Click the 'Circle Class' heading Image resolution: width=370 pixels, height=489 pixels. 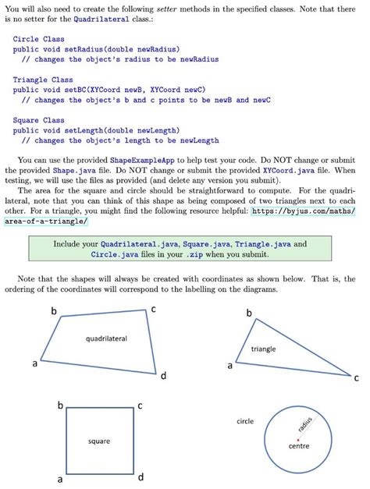click(38, 39)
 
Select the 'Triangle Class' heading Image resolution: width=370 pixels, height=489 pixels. click(43, 80)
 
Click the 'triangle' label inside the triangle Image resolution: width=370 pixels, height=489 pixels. click(263, 349)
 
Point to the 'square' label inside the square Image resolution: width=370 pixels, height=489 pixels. click(98, 441)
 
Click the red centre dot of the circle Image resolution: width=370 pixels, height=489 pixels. click(297, 440)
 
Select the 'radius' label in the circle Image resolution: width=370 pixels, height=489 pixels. click(305, 425)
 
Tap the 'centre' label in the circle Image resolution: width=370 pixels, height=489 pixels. click(300, 448)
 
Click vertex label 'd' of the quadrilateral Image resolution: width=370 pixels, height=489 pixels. click(163, 377)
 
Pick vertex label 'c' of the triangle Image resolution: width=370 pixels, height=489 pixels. click(356, 378)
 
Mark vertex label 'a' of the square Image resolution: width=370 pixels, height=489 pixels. click(59, 478)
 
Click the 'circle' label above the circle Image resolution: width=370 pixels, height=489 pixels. click(245, 421)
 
